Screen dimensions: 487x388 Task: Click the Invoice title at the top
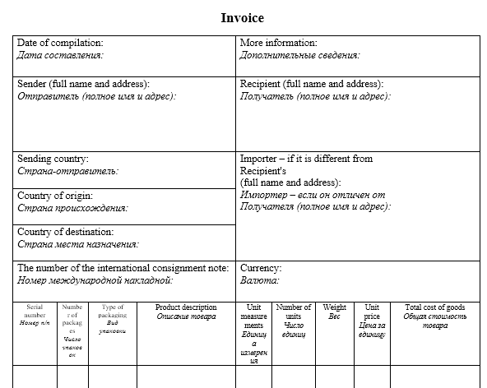(243, 17)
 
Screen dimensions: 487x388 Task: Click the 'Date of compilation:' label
(60, 43)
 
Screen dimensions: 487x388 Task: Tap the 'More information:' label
(278, 43)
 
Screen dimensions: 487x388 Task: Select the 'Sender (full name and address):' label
(83, 84)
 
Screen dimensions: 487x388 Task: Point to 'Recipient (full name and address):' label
(312, 84)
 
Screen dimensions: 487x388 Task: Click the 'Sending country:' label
(53, 159)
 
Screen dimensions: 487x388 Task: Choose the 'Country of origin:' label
(55, 196)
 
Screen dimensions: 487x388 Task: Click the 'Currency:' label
(261, 268)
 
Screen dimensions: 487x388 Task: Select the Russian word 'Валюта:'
(259, 280)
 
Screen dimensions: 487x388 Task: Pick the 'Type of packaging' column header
(112, 311)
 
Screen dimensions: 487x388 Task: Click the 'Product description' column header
(186, 307)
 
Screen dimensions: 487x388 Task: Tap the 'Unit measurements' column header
(254, 316)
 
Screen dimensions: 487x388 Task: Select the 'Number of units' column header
(294, 311)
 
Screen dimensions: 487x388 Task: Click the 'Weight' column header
(334, 307)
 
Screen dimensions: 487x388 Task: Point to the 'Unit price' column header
(372, 311)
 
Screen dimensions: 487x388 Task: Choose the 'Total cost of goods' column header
(435, 307)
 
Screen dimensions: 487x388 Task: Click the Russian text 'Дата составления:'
(60, 55)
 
